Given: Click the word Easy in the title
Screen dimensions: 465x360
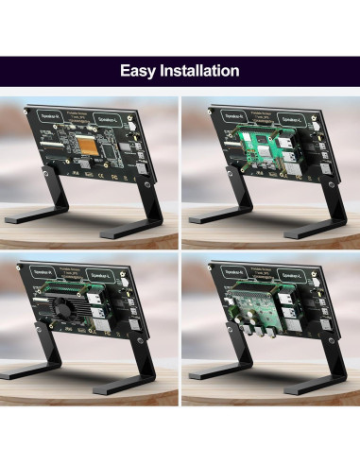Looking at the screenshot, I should coord(138,71).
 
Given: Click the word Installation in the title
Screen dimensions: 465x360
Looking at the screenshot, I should coord(198,71).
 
